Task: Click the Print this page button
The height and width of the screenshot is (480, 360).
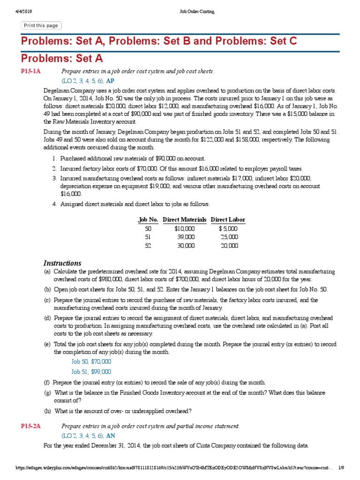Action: click(x=41, y=25)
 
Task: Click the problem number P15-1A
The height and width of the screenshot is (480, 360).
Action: click(x=31, y=71)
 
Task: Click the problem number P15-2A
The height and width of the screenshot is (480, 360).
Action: click(x=31, y=426)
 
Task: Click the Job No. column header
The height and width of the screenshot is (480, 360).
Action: click(x=148, y=219)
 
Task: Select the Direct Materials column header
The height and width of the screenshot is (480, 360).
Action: click(x=184, y=219)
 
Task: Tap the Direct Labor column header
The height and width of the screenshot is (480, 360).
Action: click(x=228, y=219)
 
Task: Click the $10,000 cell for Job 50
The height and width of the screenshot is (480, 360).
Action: click(x=184, y=228)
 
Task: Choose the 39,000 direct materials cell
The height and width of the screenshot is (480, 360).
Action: click(x=186, y=237)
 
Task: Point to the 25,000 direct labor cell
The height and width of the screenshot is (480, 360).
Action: click(x=229, y=237)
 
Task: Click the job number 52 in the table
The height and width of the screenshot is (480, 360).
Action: click(x=148, y=246)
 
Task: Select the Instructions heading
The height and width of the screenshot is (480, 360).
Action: click(x=62, y=263)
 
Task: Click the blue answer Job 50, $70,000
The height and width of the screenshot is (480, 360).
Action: click(x=91, y=361)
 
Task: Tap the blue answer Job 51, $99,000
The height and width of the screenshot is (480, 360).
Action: click(x=91, y=371)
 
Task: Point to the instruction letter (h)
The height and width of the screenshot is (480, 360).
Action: click(x=47, y=411)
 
